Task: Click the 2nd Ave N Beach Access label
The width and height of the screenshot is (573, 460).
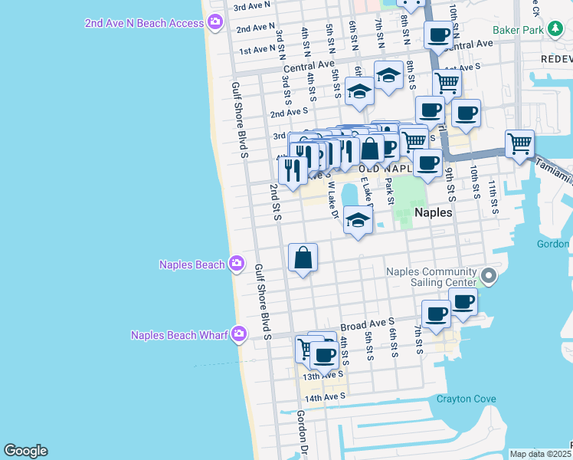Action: coord(144,23)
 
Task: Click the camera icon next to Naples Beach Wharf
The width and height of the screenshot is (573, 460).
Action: coord(239,333)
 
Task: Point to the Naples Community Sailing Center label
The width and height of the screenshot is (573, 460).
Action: coord(431,277)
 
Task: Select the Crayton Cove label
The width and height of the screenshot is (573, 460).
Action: coord(466,399)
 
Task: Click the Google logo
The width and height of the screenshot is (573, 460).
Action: coord(25,451)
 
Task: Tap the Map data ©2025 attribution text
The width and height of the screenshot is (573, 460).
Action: coord(539,454)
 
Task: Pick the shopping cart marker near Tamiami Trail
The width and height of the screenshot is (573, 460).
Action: coord(519,143)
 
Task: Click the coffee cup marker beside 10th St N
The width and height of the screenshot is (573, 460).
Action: coord(439,34)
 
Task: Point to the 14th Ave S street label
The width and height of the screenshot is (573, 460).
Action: coord(325,397)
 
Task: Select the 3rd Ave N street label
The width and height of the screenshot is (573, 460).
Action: coord(252,6)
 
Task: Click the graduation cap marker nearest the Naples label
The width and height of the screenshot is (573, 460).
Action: coord(358,221)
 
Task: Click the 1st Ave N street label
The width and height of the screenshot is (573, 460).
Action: coord(257,49)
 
